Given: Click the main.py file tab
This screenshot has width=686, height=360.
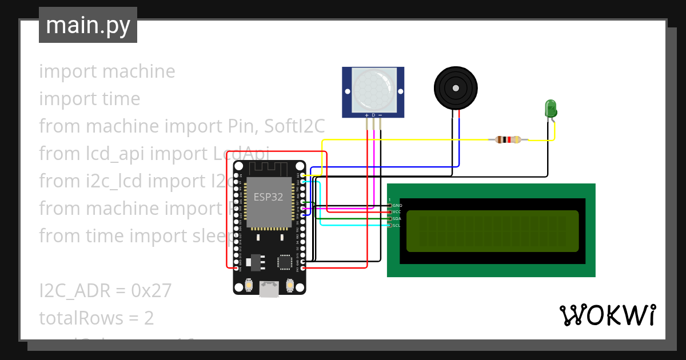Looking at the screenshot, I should pyautogui.click(x=87, y=25).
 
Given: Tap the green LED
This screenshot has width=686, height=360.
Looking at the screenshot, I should pyautogui.click(x=551, y=109).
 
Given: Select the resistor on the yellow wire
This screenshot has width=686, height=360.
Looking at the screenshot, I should pyautogui.click(x=508, y=139).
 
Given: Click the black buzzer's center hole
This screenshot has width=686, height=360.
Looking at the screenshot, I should pyautogui.click(x=456, y=88).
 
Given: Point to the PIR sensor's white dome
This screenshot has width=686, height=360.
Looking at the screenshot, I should pyautogui.click(x=374, y=89).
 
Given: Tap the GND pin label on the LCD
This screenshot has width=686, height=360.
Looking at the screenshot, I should pyautogui.click(x=397, y=205).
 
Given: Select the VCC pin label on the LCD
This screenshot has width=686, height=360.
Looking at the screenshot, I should pyautogui.click(x=397, y=212).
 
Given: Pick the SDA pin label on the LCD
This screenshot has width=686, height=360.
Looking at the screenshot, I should pyautogui.click(x=397, y=219).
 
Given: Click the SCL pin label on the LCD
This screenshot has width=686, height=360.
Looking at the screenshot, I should pyautogui.click(x=397, y=226).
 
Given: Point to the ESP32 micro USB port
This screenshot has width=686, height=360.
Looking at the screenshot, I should pyautogui.click(x=269, y=289).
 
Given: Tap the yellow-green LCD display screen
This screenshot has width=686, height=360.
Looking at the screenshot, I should pyautogui.click(x=492, y=231).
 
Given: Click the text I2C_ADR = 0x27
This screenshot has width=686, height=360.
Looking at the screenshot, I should pyautogui.click(x=105, y=290).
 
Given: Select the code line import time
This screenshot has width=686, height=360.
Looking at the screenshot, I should pyautogui.click(x=90, y=99).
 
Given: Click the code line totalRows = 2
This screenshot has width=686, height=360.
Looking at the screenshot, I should pyautogui.click(x=97, y=318).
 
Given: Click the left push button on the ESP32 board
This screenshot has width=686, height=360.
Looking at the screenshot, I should pyautogui.click(x=249, y=285).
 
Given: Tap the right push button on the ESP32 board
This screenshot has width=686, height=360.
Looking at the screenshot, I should pyautogui.click(x=290, y=285).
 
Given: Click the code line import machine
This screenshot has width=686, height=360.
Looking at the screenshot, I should pyautogui.click(x=107, y=71).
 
